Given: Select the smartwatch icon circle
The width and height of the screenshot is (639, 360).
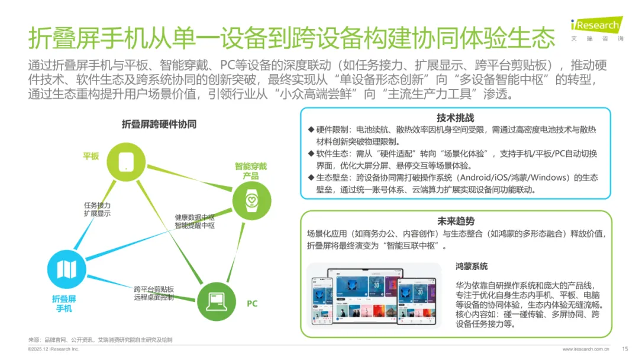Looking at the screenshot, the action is click(251, 201).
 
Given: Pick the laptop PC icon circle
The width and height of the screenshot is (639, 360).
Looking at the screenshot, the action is click(215, 301).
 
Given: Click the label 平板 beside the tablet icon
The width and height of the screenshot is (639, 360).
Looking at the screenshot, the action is click(91, 156).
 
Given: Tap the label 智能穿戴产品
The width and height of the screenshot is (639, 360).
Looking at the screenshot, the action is click(250, 171).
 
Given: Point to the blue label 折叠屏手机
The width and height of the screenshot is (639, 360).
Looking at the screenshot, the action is click(64, 304).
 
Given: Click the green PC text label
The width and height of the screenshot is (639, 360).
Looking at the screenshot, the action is click(252, 304).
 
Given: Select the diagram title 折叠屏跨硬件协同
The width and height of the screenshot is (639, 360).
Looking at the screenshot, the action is click(159, 124).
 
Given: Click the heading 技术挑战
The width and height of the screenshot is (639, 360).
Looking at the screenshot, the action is click(455, 118).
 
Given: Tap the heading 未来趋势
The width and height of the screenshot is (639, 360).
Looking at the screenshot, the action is click(455, 221).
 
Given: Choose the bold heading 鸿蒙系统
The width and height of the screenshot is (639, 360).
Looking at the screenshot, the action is click(472, 267).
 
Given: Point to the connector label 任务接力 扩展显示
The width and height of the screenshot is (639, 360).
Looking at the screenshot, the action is click(97, 209).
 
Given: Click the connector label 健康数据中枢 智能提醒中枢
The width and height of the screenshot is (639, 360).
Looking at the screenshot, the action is click(194, 221).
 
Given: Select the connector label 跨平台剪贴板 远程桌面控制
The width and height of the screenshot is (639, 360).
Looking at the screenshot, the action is click(154, 292).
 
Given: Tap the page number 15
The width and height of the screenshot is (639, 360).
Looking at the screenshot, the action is click(625, 349).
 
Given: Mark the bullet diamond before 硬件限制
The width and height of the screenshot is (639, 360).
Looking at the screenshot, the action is click(310, 130).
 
